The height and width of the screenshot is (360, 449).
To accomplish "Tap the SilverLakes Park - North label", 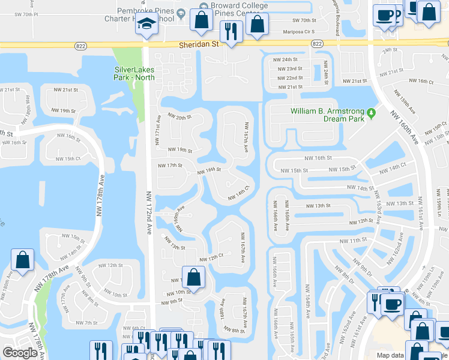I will (x=134, y=73).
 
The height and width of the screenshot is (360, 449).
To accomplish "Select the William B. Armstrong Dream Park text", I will (x=327, y=115).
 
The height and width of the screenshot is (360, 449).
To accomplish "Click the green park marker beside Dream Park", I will (x=372, y=112).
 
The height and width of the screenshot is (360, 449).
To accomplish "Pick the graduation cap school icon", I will (x=145, y=24).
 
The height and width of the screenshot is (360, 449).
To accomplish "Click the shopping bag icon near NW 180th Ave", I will (x=22, y=260).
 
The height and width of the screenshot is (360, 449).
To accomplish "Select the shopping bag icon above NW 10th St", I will (x=193, y=278).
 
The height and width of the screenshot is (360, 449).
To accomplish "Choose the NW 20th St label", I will (x=179, y=117).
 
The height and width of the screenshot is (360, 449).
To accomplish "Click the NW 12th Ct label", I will (x=211, y=256).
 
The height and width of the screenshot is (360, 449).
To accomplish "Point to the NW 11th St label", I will (x=353, y=240).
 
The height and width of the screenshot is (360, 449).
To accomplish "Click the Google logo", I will (x=20, y=353).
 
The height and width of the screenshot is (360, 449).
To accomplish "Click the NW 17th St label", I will (x=169, y=165).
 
